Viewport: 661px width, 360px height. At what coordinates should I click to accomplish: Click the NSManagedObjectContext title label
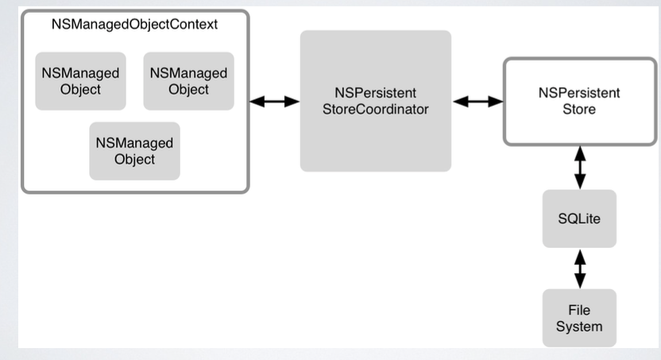tap(134, 25)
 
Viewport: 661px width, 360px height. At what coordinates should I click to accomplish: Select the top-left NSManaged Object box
tap(80, 81)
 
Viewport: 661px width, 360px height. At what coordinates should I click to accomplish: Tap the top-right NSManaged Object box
tap(188, 81)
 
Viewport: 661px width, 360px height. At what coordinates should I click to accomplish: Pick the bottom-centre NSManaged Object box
tap(134, 151)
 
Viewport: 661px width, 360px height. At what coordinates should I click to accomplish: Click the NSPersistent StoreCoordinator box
tap(376, 101)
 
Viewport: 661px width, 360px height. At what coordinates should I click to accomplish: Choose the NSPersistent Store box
tap(580, 102)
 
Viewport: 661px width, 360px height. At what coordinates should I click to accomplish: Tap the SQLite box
tap(579, 219)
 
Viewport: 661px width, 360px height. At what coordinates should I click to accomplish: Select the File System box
tap(579, 318)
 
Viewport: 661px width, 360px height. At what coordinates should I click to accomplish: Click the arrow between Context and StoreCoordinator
tap(274, 102)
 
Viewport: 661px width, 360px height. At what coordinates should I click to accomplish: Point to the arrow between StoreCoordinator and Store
tap(477, 102)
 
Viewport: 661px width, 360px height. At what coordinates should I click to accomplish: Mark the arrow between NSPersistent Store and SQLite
tap(580, 168)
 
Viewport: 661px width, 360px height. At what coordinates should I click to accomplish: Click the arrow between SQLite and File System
tap(580, 269)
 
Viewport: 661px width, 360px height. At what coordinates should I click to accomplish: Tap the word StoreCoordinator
tap(376, 109)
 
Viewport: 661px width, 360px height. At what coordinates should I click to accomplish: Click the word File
tap(579, 310)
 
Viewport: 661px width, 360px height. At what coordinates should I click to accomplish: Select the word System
tap(579, 327)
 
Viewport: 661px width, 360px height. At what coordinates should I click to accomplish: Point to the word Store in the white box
tap(579, 109)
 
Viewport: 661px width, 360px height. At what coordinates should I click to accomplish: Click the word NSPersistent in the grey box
tap(376, 93)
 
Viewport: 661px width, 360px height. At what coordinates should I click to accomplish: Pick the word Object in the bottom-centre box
tap(134, 160)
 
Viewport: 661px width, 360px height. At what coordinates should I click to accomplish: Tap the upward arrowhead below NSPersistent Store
tap(580, 153)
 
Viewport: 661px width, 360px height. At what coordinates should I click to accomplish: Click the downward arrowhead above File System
tap(580, 281)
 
